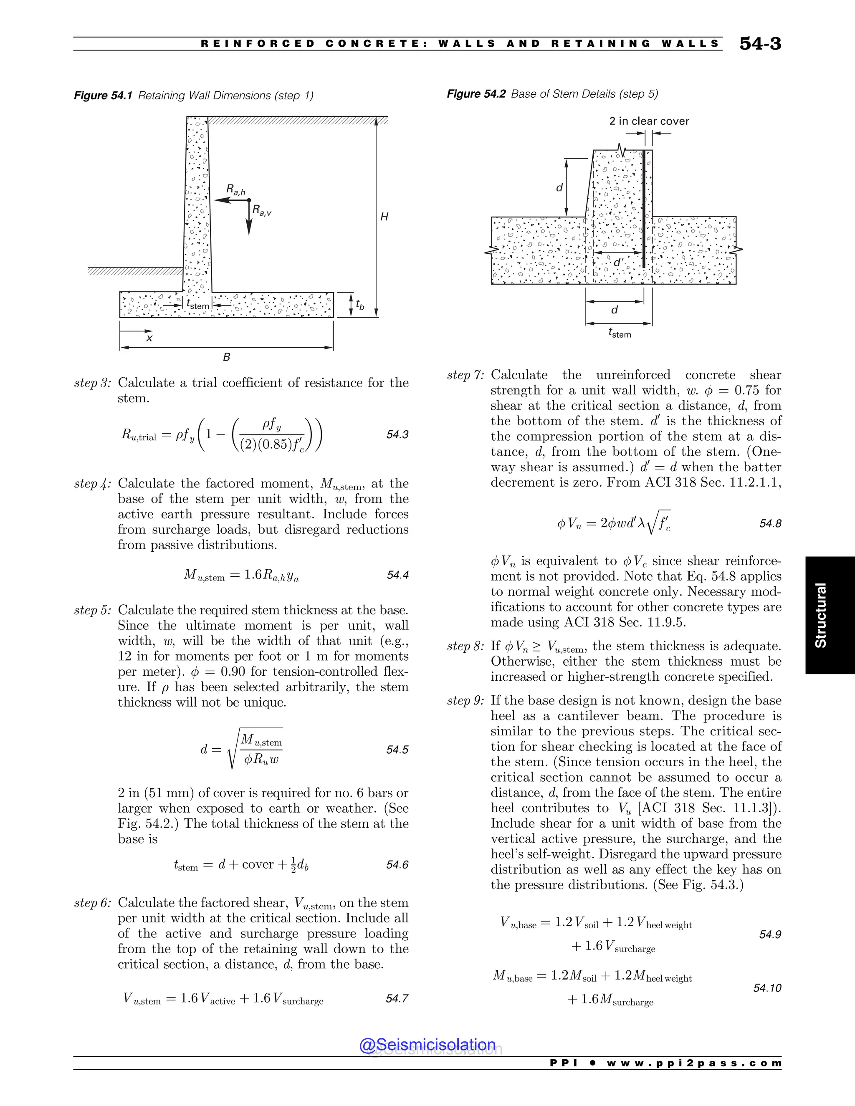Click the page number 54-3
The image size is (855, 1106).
point(760,44)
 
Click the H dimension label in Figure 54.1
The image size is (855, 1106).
point(384,217)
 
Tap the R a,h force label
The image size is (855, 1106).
point(235,190)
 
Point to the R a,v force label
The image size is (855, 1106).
point(262,210)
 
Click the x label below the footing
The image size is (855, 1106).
point(149,337)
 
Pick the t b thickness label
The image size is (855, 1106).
point(359,304)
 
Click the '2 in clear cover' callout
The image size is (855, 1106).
point(649,121)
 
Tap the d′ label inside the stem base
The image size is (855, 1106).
point(618,263)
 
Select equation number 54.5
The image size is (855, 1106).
point(397,750)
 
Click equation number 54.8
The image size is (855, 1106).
point(770,524)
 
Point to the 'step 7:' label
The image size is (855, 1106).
point(465,375)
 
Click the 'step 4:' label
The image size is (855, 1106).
point(92,484)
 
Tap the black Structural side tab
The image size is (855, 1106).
point(830,615)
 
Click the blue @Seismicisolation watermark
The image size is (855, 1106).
point(427,1045)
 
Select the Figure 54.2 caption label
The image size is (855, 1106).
point(476,93)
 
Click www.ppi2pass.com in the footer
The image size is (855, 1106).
point(694,1063)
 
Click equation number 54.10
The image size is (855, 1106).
point(767,987)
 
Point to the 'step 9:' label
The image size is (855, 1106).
point(465,701)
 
